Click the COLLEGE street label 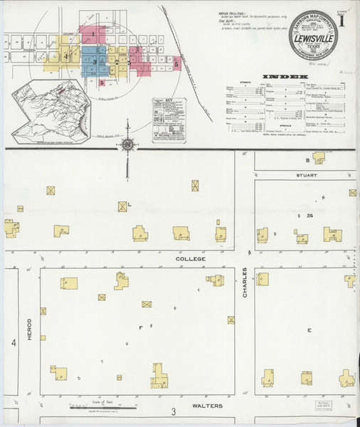[191, 260]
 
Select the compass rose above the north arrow [127, 145]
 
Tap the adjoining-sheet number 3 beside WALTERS [173, 412]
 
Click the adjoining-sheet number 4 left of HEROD [13, 343]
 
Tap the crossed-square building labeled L [123, 206]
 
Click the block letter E [309, 330]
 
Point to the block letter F [142, 327]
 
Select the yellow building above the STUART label [318, 157]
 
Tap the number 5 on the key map [176, 64]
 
